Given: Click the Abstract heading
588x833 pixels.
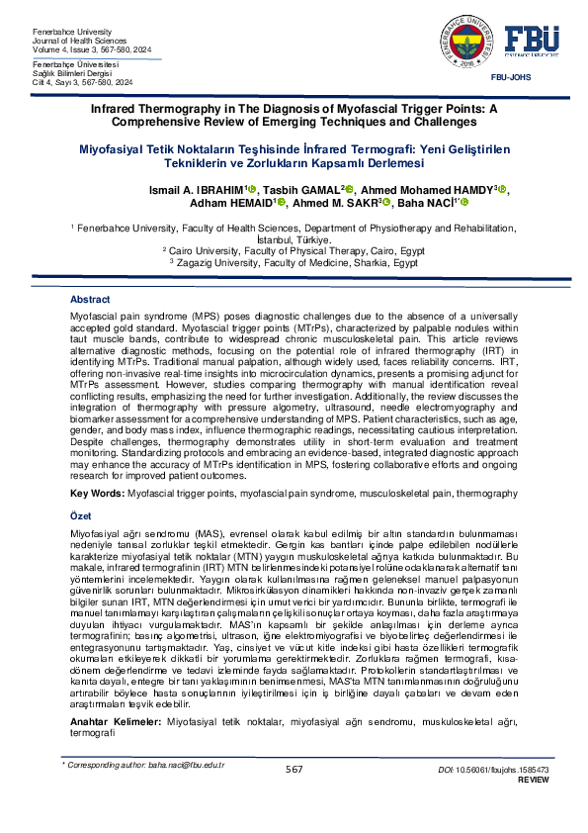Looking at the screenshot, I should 90,300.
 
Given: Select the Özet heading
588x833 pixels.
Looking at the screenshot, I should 80,517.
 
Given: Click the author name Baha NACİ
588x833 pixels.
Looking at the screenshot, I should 423,204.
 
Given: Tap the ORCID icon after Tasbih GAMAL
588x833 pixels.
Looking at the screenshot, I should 349,189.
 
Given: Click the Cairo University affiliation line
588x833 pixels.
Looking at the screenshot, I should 294,252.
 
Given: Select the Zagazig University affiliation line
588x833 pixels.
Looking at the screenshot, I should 294,263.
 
